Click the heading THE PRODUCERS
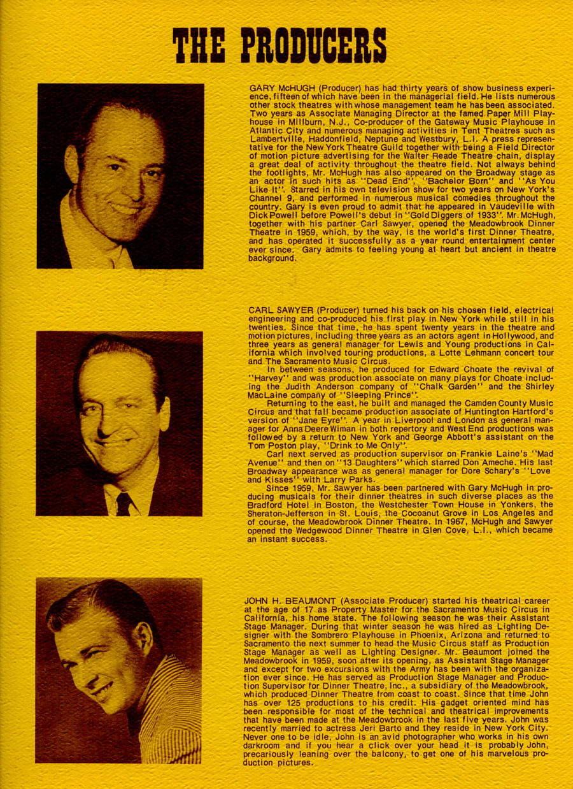pyautogui.click(x=280, y=45)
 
